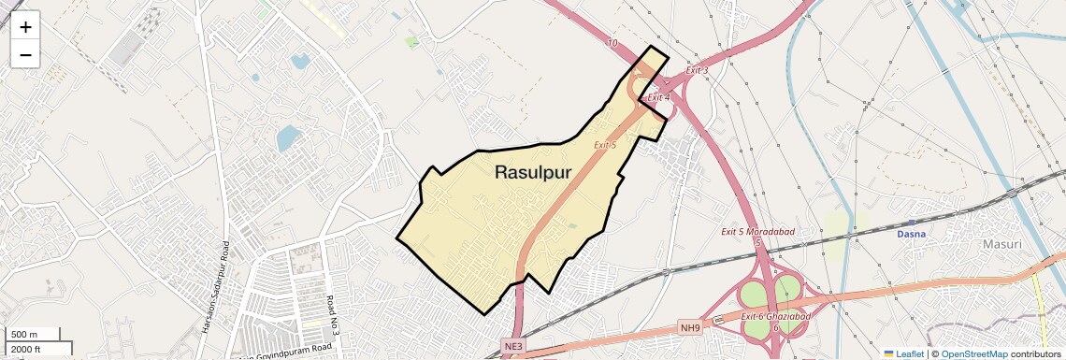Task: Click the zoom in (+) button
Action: (x=25, y=27)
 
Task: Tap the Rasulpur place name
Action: (x=532, y=172)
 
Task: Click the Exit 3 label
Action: (x=697, y=71)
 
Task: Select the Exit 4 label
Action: (x=659, y=97)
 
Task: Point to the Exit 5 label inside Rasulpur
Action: (x=605, y=145)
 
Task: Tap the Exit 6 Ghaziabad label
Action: (x=775, y=317)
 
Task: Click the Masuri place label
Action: (x=1002, y=244)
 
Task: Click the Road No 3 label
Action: (x=331, y=315)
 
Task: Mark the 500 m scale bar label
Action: (x=24, y=335)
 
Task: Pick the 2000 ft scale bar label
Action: (x=26, y=350)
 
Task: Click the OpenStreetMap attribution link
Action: (x=973, y=354)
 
